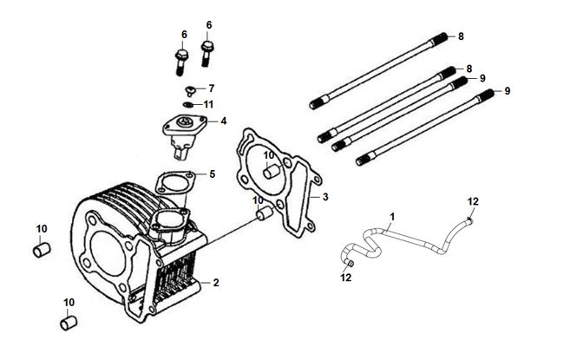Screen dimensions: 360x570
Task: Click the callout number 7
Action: tap(211, 88)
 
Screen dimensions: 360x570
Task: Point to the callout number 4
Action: tap(224, 121)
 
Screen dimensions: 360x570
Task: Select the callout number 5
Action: tap(212, 173)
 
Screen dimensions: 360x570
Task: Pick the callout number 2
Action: tap(216, 283)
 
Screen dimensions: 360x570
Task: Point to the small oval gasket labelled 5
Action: tap(173, 183)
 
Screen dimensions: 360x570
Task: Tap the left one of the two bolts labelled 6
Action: tap(181, 62)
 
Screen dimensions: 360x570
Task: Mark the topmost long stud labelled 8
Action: tap(383, 69)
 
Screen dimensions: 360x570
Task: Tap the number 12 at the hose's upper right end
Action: tap(473, 202)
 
